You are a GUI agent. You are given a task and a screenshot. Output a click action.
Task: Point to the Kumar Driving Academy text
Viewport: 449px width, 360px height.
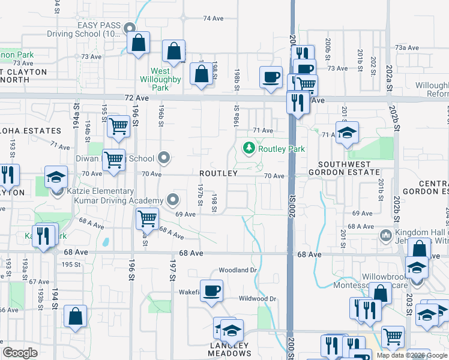(118, 200)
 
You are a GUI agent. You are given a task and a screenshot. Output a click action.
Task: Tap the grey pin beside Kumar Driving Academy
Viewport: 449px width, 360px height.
(173, 199)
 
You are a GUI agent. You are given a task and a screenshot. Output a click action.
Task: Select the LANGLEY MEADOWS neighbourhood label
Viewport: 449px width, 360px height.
(229, 349)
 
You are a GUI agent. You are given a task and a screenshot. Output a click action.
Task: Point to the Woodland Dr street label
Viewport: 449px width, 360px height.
(238, 270)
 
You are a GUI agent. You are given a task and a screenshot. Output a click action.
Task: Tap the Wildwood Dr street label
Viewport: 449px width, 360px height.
(257, 298)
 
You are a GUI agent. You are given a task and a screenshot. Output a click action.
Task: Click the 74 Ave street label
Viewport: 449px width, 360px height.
(213, 19)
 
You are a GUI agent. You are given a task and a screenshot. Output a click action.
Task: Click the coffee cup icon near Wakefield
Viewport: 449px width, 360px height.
(211, 291)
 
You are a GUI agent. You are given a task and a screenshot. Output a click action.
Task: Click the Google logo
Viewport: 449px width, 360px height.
(20, 353)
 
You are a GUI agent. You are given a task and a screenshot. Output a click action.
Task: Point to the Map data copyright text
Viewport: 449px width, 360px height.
(412, 355)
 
